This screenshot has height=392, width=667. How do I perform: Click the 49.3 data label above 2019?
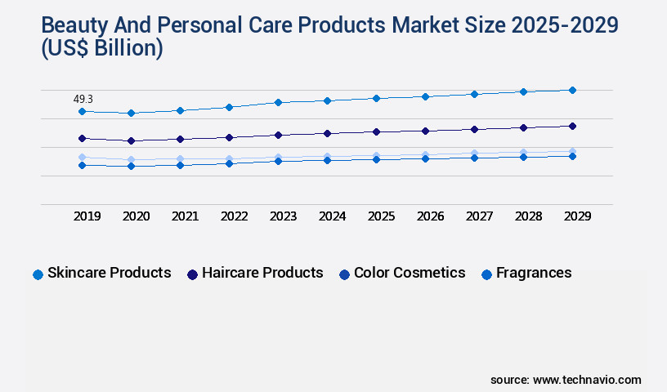pyautogui.click(x=83, y=99)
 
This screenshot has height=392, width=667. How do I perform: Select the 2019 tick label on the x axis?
pyautogui.click(x=87, y=216)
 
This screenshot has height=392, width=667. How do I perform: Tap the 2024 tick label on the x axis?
pyautogui.click(x=332, y=216)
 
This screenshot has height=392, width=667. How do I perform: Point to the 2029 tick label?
pyautogui.click(x=577, y=216)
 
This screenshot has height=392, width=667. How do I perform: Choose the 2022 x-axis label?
pyautogui.click(x=234, y=216)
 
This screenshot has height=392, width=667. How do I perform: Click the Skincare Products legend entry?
pyautogui.click(x=102, y=273)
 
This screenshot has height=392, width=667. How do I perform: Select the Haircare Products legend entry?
pyautogui.click(x=255, y=273)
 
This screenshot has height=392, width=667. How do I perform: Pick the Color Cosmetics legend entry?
pyautogui.click(x=402, y=273)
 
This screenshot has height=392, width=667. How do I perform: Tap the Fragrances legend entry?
pyautogui.click(x=526, y=273)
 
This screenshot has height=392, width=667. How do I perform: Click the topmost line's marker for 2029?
pyautogui.click(x=572, y=90)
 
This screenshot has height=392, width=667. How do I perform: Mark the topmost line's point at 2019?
pyautogui.click(x=82, y=111)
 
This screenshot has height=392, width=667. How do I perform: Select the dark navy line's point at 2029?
pyautogui.click(x=572, y=126)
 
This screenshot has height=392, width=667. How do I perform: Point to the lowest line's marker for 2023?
pyautogui.click(x=278, y=161)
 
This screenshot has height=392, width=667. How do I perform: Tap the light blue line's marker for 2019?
pyautogui.click(x=82, y=157)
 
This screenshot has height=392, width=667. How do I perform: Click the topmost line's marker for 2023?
pyautogui.click(x=278, y=102)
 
